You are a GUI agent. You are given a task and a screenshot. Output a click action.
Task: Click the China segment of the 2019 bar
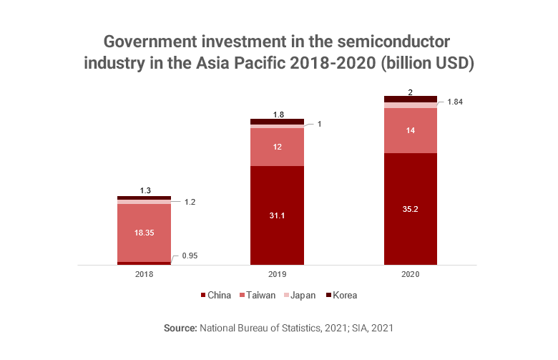coord(277,215)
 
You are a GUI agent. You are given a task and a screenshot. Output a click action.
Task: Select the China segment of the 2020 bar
coord(411,209)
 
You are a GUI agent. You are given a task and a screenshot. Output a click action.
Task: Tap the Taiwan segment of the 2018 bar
coord(145,233)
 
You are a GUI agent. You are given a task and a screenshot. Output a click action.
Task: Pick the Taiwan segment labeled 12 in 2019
coord(277,147)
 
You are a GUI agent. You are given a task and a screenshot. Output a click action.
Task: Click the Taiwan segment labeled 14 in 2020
coord(411,130)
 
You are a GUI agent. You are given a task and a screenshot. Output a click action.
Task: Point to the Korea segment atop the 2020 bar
coord(411,99)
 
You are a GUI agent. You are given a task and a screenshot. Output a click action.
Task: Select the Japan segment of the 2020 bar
coord(411,105)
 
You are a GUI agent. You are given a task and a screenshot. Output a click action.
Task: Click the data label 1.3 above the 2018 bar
coord(145,190)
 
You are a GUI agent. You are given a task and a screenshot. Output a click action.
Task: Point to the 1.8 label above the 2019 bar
coord(278,114)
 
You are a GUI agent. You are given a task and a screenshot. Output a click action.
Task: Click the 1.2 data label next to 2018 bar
coord(190,202)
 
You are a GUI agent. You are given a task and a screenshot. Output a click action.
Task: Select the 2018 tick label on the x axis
coord(145,274)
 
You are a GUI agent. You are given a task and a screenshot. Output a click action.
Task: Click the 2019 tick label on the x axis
coord(277,274)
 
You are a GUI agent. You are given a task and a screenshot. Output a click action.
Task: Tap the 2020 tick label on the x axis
coord(411,274)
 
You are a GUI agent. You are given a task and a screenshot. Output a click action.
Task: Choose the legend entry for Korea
coord(345,295)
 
